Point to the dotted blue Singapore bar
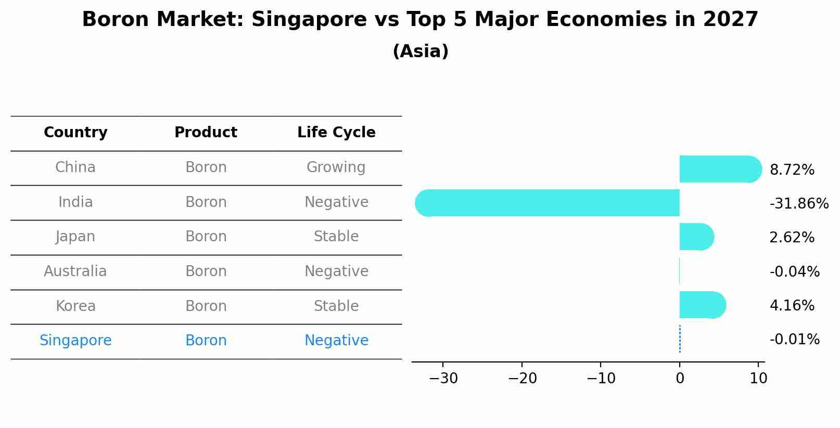[680, 339]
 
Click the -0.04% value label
[794, 271]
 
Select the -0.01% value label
[794, 340]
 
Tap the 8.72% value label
[792, 170]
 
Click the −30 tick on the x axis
[443, 378]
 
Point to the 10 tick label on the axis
[758, 378]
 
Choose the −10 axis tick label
[601, 378]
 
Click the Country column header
[75, 133]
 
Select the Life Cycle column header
[336, 133]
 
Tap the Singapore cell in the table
[75, 341]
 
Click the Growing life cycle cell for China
[336, 167]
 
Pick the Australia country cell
[75, 271]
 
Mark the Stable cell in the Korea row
[336, 306]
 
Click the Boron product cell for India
[206, 202]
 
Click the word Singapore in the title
[309, 20]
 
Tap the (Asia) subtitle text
[420, 51]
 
